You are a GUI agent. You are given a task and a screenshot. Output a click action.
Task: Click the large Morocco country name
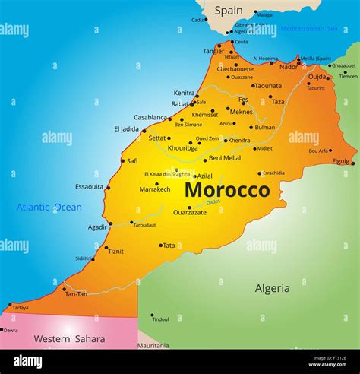(x=227, y=189)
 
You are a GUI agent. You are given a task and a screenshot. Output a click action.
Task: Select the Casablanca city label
(x=150, y=118)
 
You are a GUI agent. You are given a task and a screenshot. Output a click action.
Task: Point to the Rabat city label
(x=180, y=103)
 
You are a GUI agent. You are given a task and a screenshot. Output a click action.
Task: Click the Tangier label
(x=213, y=51)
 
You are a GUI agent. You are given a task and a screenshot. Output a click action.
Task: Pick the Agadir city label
(x=97, y=227)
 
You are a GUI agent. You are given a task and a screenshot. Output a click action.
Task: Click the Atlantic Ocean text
(x=49, y=207)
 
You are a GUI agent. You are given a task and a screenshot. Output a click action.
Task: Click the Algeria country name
(x=272, y=288)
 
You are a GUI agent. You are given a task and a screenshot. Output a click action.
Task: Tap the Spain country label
(x=229, y=11)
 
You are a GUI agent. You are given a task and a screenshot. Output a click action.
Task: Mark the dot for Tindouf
(x=152, y=314)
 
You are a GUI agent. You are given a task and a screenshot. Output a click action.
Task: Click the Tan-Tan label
(x=77, y=294)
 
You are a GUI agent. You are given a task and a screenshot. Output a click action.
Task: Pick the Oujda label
(x=317, y=76)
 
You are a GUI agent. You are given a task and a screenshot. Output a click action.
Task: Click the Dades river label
(x=213, y=201)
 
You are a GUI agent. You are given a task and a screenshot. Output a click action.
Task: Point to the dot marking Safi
(x=121, y=160)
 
